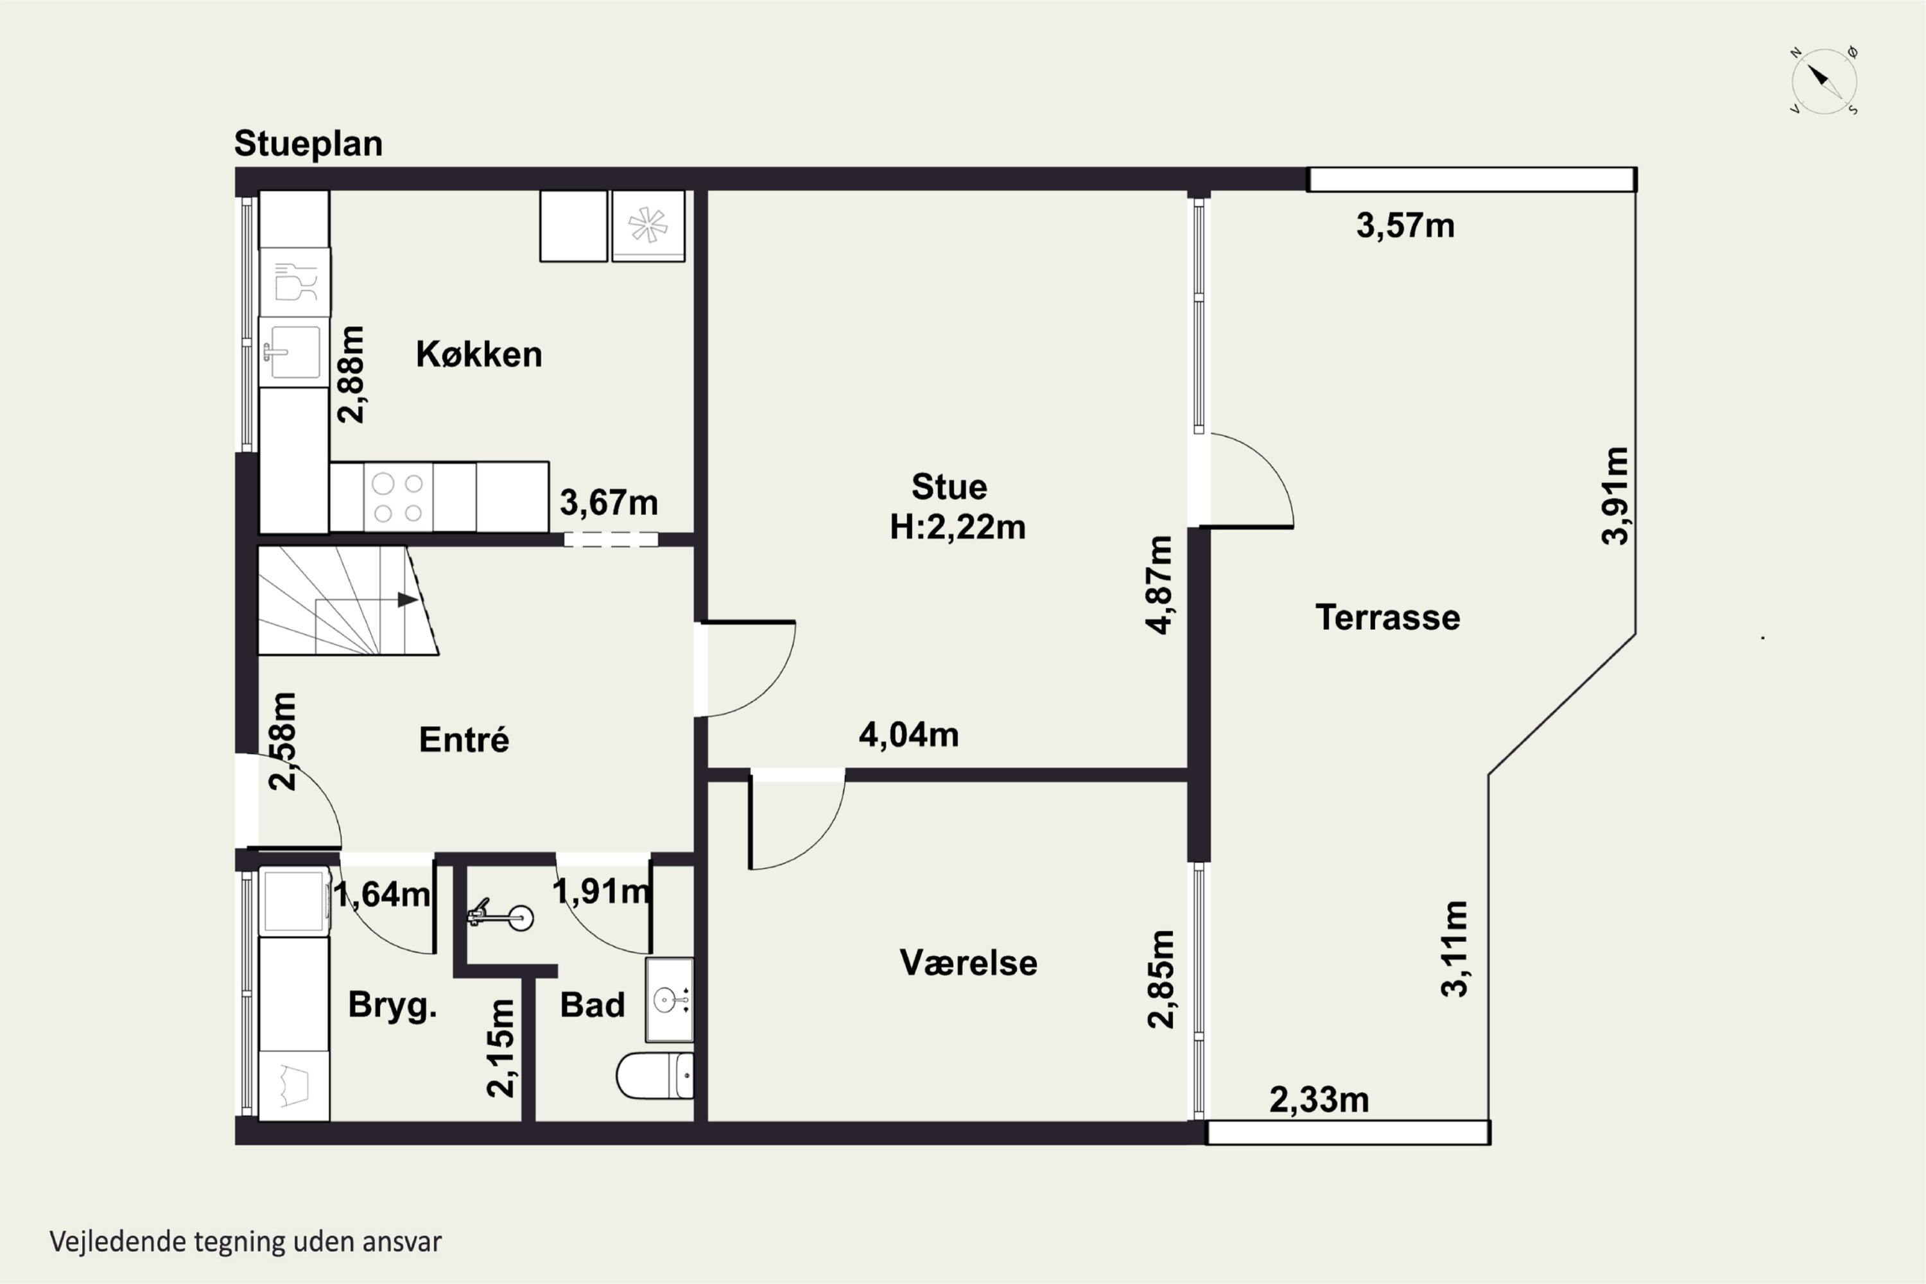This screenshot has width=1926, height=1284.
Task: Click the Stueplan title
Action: click(308, 143)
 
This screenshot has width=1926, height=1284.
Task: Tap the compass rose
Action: click(1824, 81)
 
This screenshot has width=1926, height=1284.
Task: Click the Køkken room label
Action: click(479, 354)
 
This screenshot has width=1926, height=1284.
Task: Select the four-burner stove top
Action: click(398, 497)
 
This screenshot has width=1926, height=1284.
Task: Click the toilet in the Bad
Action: click(654, 1074)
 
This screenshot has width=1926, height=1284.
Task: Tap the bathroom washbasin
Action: click(669, 999)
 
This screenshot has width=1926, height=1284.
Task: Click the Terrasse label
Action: click(1387, 618)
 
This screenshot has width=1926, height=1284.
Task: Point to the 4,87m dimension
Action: click(1159, 585)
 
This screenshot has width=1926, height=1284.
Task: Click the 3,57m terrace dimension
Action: click(1405, 225)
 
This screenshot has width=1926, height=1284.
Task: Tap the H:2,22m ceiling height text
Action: click(957, 527)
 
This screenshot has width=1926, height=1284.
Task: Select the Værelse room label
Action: click(968, 963)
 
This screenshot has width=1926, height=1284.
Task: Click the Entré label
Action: click(464, 740)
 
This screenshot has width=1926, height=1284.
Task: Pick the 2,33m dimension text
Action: click(1319, 1100)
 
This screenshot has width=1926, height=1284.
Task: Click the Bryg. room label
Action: click(392, 1005)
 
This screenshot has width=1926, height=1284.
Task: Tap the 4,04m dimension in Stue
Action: click(908, 734)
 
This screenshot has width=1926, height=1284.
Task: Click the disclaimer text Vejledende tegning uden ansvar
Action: click(246, 1242)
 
